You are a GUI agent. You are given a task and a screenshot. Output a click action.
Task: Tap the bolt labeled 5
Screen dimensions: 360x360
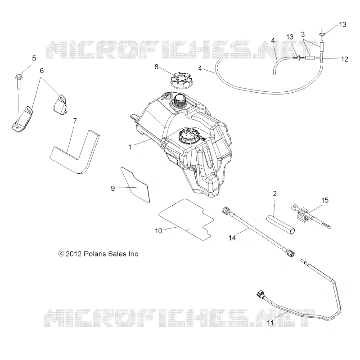click(18, 81)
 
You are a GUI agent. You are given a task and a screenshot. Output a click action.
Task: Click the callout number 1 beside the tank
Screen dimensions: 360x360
click(130, 147)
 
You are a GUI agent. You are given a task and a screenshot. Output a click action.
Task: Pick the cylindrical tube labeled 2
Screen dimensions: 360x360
click(280, 224)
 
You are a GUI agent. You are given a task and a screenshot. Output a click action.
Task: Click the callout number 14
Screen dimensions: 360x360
click(232, 238)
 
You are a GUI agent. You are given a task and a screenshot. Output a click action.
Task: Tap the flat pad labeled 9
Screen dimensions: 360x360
click(135, 185)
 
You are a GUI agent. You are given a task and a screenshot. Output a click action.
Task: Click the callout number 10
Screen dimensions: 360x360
click(158, 231)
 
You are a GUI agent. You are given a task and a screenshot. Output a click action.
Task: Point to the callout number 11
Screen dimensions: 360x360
click(270, 323)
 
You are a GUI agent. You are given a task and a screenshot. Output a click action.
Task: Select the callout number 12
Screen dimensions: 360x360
click(344, 59)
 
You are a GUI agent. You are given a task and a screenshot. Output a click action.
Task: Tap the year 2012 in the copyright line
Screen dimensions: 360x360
click(73, 254)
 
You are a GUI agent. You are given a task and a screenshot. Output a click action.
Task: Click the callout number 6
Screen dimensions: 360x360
click(41, 71)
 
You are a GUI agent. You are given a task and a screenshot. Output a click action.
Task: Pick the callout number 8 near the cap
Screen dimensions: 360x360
click(156, 67)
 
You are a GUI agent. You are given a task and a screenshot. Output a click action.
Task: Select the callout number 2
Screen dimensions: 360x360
click(275, 193)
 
